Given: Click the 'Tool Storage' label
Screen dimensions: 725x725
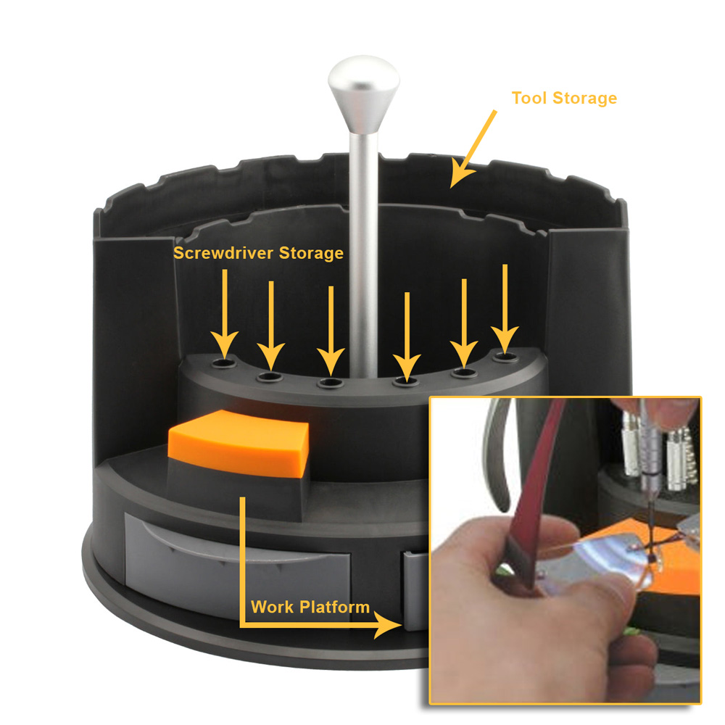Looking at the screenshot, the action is point(564,98).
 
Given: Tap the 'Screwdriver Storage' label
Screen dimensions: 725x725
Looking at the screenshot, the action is point(257,253).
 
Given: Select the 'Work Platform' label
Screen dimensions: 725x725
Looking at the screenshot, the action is point(310,606).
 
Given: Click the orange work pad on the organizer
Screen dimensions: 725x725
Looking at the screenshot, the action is point(239,440).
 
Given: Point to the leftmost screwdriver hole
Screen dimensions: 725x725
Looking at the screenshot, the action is point(224,360).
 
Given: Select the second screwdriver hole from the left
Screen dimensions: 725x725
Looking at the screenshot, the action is point(270,376).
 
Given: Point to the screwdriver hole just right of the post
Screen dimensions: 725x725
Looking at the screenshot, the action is point(407,378).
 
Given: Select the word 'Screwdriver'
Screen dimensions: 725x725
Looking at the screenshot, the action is point(220,253).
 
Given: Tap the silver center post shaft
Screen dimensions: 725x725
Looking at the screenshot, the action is point(362,239).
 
